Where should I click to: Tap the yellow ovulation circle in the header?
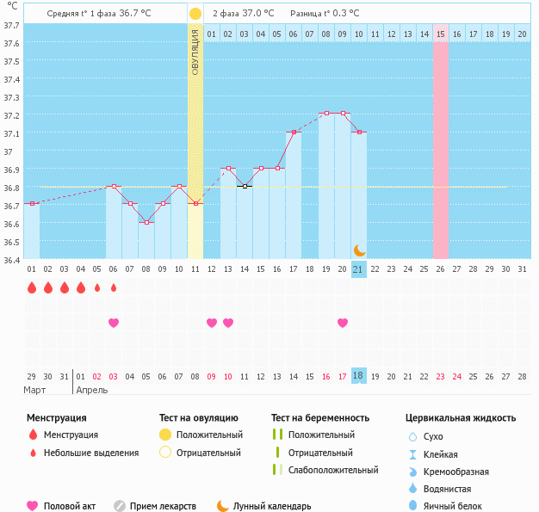195,14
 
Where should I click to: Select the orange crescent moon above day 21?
359,250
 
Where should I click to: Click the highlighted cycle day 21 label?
359,269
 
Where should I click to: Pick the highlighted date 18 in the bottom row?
359,376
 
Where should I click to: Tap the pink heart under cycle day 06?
113,323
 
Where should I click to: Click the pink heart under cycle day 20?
343,323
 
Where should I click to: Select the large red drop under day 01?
32,287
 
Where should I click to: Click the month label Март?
35,390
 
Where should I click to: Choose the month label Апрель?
92,390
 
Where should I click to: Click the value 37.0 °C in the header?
257,14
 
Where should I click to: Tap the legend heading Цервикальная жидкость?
461,418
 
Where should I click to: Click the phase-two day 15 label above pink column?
441,34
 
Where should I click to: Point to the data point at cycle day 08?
146,222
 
